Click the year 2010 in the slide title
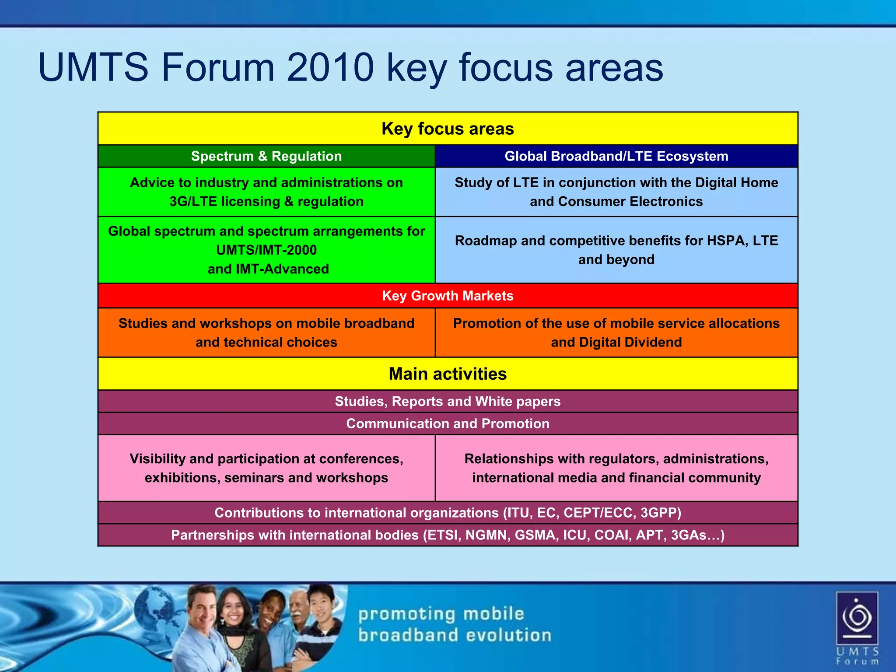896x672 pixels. point(330,68)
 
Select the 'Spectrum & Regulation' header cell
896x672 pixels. point(266,156)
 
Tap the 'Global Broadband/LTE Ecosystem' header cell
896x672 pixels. point(616,156)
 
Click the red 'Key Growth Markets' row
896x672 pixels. point(448,296)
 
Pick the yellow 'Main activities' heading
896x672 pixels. point(448,374)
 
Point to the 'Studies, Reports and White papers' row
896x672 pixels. point(448,401)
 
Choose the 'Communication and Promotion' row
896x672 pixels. point(448,423)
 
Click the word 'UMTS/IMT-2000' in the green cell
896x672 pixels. point(266,250)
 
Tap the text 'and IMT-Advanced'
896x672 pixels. point(268,269)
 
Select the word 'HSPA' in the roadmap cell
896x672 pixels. point(726,241)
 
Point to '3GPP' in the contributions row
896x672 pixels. point(661,513)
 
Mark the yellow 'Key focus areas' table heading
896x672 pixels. point(448,129)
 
